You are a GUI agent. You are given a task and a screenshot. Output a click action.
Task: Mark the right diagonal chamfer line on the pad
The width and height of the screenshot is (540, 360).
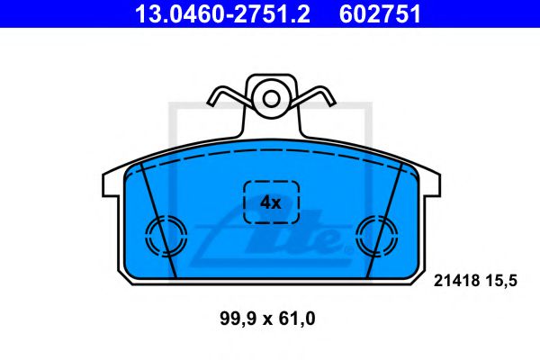(x=385, y=220)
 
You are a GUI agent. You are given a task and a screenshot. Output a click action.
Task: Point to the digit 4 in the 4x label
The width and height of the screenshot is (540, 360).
(x=265, y=203)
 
